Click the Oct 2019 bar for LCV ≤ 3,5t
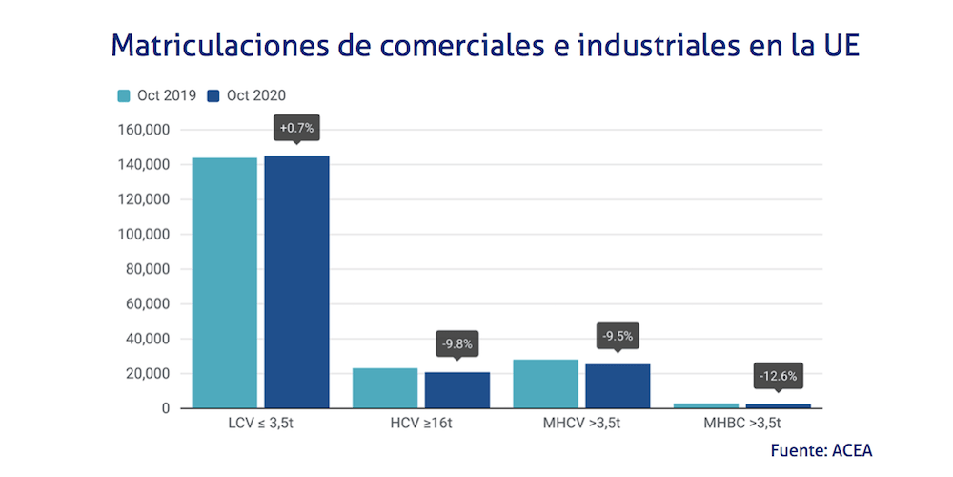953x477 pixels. [x=225, y=283]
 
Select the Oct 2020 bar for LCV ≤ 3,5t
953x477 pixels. [x=296, y=282]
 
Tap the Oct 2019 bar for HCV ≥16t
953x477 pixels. [x=385, y=388]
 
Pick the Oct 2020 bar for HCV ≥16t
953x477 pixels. [x=457, y=390]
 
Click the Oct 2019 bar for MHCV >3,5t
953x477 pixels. [x=545, y=384]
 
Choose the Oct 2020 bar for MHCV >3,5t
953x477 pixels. [x=618, y=386]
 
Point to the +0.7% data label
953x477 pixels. [x=296, y=128]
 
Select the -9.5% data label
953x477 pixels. [x=618, y=336]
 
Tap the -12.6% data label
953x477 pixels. [x=778, y=376]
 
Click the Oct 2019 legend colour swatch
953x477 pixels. [x=124, y=95]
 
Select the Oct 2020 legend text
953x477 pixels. [x=255, y=95]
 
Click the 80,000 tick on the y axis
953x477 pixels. [x=149, y=269]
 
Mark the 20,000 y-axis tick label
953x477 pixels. [x=149, y=374]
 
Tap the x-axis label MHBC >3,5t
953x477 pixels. [x=742, y=422]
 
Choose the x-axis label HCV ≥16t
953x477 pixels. [x=422, y=422]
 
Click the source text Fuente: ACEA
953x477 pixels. [x=821, y=450]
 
